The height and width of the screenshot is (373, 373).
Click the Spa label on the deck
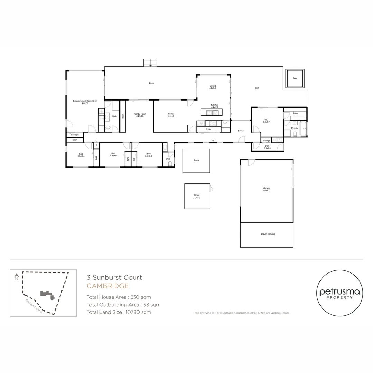click(295, 78)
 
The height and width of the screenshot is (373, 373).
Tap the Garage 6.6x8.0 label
click(266, 189)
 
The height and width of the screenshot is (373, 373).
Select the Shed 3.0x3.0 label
click(197, 196)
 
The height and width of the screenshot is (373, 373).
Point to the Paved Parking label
click(268, 234)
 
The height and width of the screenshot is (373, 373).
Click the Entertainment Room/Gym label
click(85, 102)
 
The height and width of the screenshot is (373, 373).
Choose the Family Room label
click(140, 115)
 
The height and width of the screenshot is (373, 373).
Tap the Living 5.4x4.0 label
click(171, 115)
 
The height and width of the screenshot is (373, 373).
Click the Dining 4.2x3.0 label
click(212, 87)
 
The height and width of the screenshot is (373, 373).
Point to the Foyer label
click(241, 131)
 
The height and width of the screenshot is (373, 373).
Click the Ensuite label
click(295, 128)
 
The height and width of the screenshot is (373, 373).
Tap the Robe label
click(295, 113)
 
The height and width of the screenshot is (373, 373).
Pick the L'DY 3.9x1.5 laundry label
click(267, 147)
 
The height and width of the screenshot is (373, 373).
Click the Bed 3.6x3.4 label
click(81, 155)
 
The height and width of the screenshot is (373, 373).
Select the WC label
click(168, 159)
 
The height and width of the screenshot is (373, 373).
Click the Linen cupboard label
click(209, 130)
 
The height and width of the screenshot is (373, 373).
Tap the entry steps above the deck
click(150, 63)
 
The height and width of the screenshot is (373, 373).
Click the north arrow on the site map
click(16, 277)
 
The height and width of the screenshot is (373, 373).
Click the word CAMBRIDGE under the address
click(107, 286)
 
